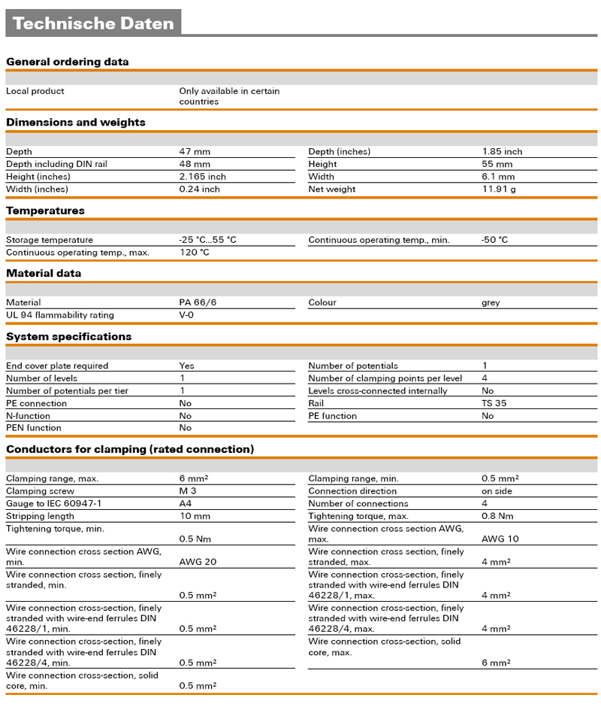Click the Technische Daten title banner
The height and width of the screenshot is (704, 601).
(93, 23)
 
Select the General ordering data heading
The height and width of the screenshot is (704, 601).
(68, 62)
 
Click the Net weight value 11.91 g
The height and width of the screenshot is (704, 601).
(498, 189)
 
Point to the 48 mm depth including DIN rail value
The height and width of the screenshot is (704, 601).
(195, 164)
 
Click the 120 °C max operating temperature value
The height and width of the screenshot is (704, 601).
(194, 253)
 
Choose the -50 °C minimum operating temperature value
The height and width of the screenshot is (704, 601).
(494, 240)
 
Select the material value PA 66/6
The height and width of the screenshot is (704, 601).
(198, 302)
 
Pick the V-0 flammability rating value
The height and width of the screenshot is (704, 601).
(188, 315)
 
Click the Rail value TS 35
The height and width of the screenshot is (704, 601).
(494, 403)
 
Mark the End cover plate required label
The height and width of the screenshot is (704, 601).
(57, 366)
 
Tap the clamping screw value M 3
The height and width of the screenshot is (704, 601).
(188, 491)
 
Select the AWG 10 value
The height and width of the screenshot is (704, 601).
(500, 539)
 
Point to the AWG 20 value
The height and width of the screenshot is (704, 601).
(198, 561)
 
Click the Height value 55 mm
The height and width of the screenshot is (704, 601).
(497, 164)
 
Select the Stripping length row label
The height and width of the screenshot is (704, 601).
(41, 516)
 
